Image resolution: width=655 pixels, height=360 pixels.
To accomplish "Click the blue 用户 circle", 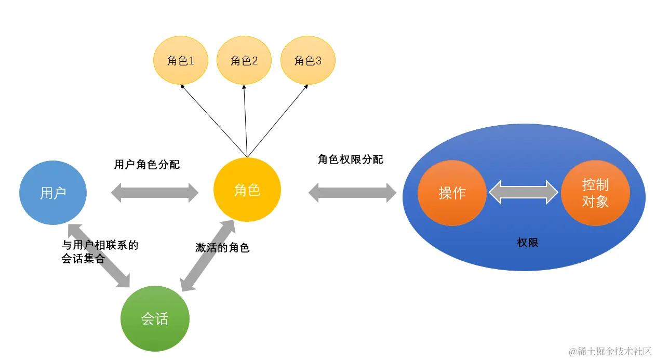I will click(53, 192).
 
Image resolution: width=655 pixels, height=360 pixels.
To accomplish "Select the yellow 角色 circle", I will click(247, 190).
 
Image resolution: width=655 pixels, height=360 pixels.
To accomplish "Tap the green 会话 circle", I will click(155, 318).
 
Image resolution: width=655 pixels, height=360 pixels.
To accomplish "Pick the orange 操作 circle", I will click(452, 193).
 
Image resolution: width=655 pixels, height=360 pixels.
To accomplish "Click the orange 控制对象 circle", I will click(595, 193).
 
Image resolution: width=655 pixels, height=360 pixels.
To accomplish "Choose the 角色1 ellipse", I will click(180, 61).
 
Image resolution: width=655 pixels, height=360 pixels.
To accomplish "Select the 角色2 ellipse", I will click(244, 61).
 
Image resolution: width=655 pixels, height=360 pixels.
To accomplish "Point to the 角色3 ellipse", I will click(308, 61).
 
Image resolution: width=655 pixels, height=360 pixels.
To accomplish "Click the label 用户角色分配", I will click(147, 165).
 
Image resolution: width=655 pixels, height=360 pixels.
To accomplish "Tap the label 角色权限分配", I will click(351, 159).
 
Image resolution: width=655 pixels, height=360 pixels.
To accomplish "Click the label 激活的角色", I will click(222, 248).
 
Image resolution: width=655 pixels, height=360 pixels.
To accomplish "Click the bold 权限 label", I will click(528, 242).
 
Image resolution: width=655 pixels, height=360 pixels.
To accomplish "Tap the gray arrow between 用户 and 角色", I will click(155, 193).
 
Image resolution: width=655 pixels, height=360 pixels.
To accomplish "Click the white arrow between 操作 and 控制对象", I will click(524, 192).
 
